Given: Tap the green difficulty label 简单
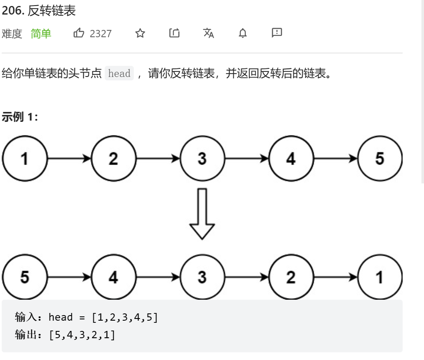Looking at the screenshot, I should tap(41, 34).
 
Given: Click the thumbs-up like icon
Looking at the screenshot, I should tap(79, 33).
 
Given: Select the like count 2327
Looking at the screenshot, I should tap(101, 34).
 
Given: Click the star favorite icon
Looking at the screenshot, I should tap(140, 33).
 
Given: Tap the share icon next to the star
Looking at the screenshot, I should tap(174, 33).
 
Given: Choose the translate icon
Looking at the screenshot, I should tap(209, 33).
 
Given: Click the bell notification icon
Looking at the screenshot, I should tap(243, 33).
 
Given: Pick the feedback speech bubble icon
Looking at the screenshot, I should tap(277, 32).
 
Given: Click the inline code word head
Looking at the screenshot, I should tap(119, 73).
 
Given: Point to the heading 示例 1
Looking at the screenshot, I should tap(20, 117).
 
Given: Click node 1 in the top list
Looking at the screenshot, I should tap(24, 159).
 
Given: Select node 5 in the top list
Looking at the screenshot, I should tap(380, 159).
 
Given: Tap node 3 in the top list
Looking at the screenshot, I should tap(202, 159).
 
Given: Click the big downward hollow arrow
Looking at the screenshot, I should tap(202, 214).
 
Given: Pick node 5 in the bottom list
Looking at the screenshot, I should tap(24, 277).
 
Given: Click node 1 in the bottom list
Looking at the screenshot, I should tap(380, 277).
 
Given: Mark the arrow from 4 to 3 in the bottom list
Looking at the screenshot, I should tap(158, 277).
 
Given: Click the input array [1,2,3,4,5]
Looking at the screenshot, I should tap(125, 317).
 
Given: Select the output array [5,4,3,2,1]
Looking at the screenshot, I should tap(82, 335).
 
